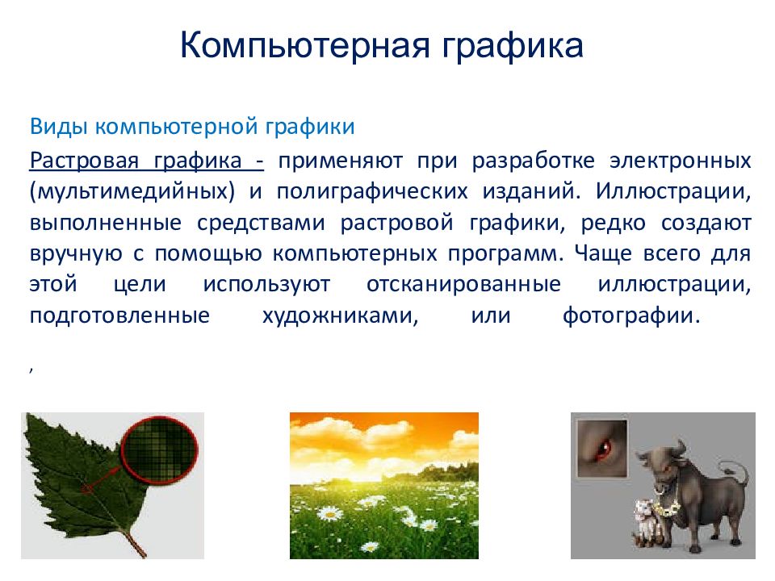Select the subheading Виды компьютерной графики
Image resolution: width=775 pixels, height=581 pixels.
click(192, 127)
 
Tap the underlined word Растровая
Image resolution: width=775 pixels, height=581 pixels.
click(84, 161)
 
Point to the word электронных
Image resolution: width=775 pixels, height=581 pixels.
click(680, 161)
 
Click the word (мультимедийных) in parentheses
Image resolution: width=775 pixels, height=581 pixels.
click(132, 192)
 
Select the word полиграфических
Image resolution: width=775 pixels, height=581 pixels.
click(372, 192)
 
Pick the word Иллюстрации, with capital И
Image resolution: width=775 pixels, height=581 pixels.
click(673, 192)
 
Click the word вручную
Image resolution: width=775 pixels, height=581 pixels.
click(76, 254)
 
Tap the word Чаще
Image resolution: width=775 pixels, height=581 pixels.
click(602, 253)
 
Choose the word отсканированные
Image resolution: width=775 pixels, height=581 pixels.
click(463, 285)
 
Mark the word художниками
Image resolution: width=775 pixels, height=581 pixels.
click(340, 316)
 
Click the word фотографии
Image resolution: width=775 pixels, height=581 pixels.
click(631, 316)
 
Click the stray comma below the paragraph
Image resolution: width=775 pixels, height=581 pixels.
click(31, 369)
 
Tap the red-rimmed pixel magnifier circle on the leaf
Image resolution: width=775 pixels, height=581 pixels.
click(160, 450)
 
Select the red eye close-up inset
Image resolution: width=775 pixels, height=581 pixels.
click(602, 449)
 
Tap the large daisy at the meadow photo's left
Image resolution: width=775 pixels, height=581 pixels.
click(329, 514)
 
